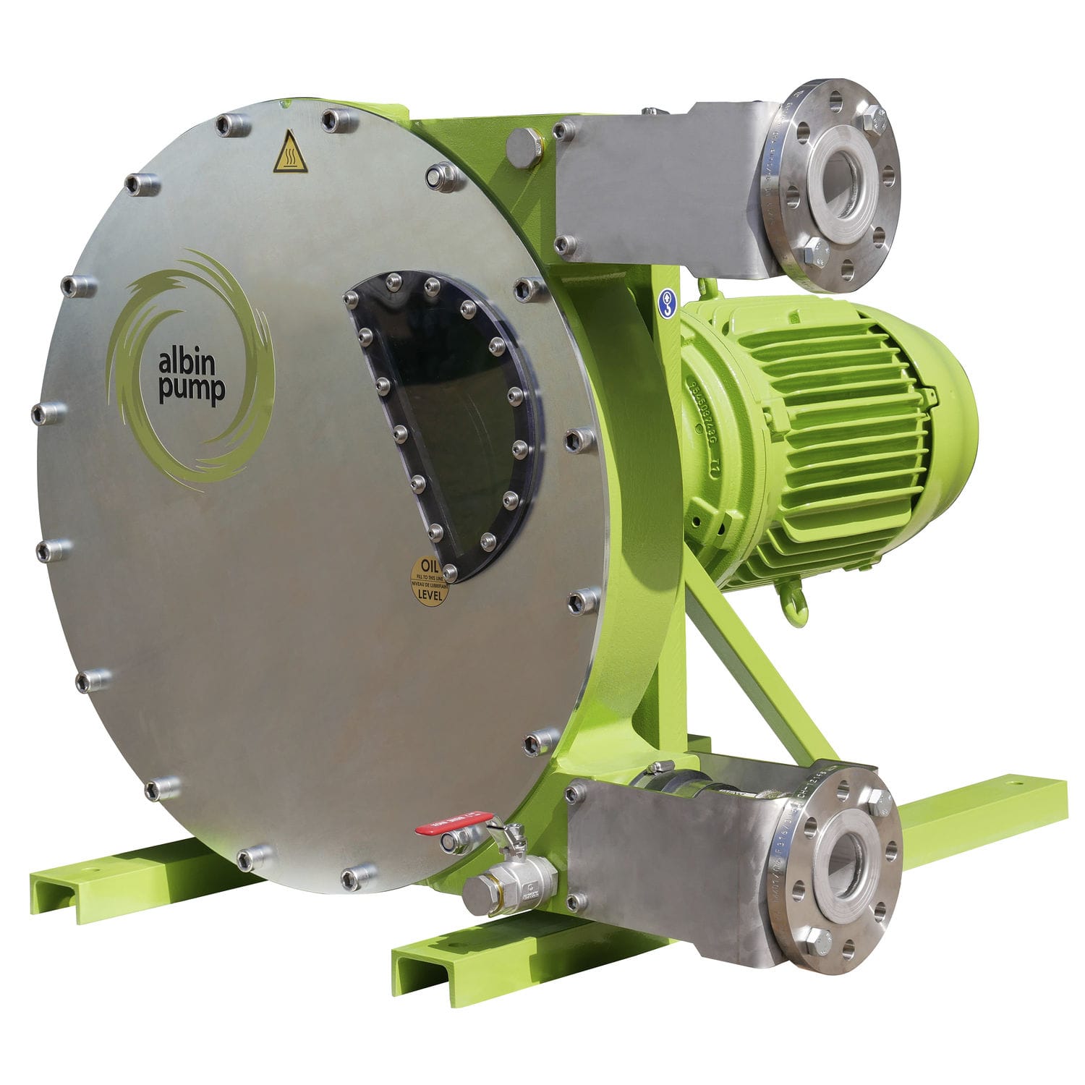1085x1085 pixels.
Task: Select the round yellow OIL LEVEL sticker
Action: (429, 581)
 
